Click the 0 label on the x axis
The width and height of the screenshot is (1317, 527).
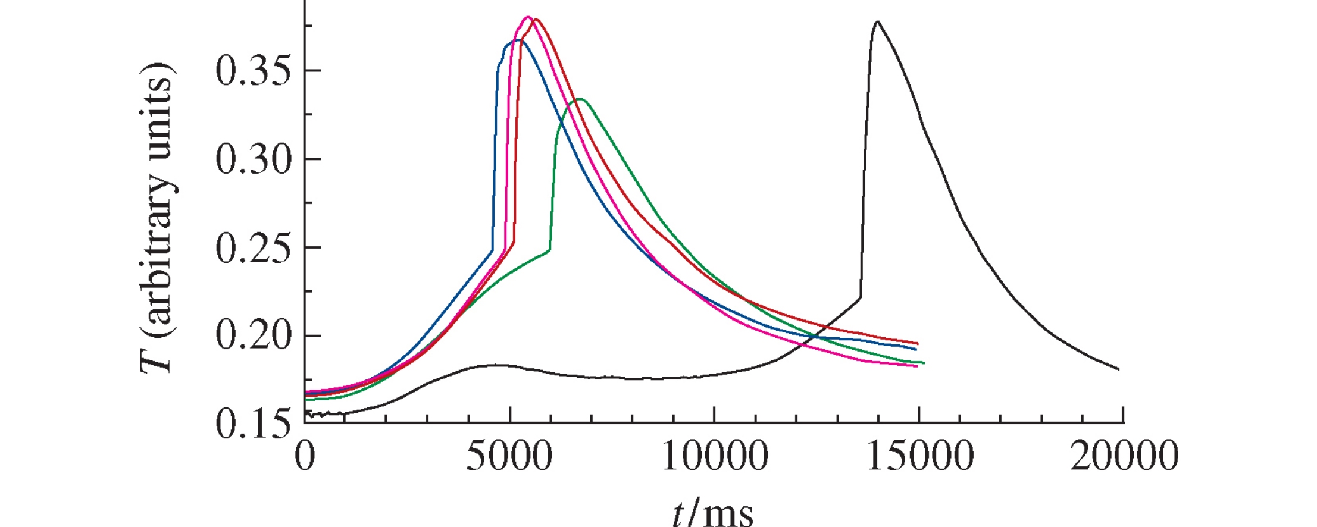pos(305,457)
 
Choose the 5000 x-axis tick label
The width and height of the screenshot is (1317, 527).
pos(509,457)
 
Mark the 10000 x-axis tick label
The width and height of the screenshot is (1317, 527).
pos(714,457)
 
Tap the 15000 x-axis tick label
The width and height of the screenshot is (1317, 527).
pos(919,457)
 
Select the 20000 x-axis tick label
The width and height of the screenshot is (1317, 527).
pos(1124,457)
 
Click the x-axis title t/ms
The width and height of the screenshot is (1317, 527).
pos(713,512)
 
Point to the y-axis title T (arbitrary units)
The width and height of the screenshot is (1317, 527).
pos(158,217)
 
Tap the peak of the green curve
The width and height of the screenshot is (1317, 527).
pos(579,99)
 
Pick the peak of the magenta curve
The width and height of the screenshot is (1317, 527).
pos(528,17)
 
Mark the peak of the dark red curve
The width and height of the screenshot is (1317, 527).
pos(537,20)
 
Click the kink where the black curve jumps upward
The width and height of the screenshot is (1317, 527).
pos(860,297)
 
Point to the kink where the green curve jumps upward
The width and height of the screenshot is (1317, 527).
pos(549,250)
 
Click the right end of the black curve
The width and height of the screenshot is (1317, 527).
pos(1119,369)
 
